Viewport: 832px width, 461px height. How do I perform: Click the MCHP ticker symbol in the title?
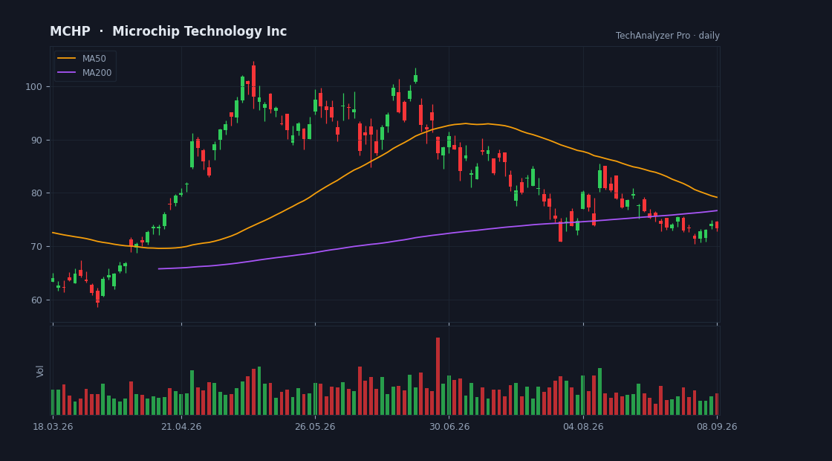click(70, 32)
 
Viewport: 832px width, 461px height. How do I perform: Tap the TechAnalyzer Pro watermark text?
click(653, 36)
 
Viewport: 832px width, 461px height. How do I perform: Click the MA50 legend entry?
click(85, 59)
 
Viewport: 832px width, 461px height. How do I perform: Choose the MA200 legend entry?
click(85, 73)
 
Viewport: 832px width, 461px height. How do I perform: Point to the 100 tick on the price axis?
click(33, 86)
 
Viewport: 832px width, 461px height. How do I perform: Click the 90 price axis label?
click(36, 141)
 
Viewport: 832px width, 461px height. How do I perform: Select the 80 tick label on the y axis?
click(36, 193)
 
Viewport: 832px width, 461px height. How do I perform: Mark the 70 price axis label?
click(36, 246)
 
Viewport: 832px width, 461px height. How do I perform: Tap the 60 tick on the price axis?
click(36, 300)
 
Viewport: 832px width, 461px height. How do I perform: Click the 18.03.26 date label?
click(53, 427)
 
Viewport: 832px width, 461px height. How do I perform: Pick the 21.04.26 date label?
click(181, 427)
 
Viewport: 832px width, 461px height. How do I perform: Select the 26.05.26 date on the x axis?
click(315, 427)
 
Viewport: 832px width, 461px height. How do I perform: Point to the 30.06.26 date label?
click(449, 427)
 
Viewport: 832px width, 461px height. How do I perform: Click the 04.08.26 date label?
click(583, 427)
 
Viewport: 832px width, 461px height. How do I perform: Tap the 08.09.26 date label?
click(717, 427)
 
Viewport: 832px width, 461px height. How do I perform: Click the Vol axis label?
click(40, 371)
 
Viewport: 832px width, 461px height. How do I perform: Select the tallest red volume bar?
click(438, 376)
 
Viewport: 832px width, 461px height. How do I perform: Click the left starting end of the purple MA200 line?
click(159, 268)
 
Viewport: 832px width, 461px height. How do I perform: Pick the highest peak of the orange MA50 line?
click(465, 123)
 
